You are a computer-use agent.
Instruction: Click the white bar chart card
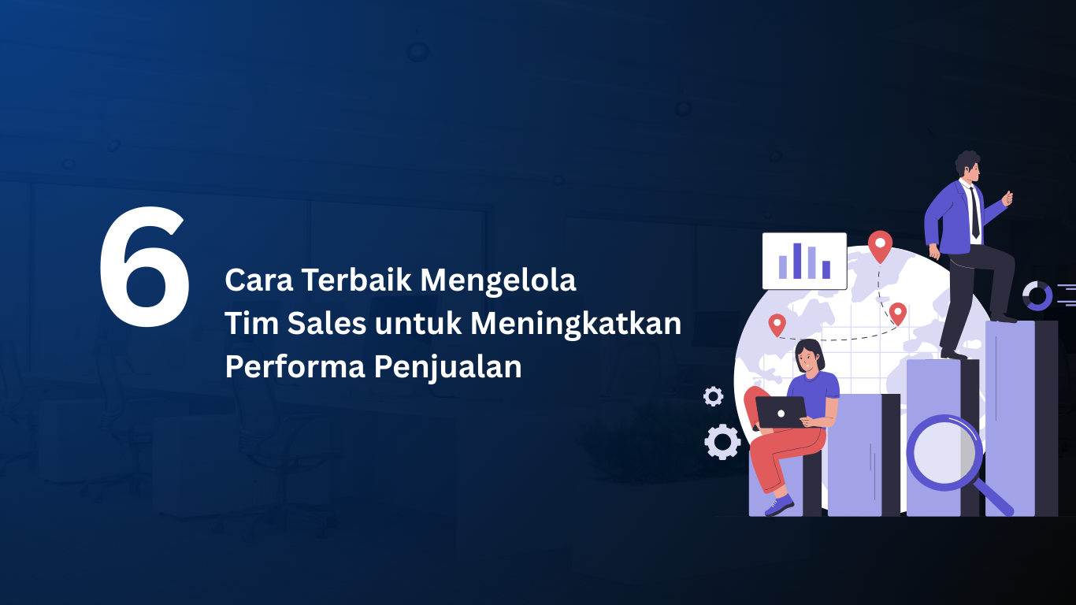(804, 261)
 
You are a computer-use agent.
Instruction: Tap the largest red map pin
(880, 245)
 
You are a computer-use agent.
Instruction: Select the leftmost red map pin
(777, 324)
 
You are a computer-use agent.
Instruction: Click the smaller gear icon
(714, 396)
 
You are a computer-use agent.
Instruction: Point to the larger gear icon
(722, 441)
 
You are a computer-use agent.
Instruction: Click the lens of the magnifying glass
(942, 453)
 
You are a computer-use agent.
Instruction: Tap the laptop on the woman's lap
(781, 412)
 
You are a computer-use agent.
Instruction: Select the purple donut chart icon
(1037, 296)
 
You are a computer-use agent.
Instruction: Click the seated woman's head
(809, 357)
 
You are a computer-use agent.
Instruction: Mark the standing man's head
(970, 166)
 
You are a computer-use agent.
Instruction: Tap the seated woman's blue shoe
(780, 505)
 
